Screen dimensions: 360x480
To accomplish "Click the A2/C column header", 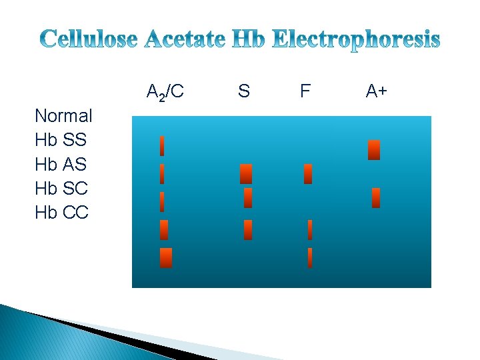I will click(165, 92).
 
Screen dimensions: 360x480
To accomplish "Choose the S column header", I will click(244, 91).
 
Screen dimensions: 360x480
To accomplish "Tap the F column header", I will click(305, 91).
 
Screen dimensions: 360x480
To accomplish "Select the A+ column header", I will click(376, 91).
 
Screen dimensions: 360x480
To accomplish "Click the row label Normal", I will click(63, 116).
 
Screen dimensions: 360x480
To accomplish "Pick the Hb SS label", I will click(61, 140).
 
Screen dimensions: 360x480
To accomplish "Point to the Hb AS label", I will click(61, 164).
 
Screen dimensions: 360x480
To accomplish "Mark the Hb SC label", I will click(61, 189).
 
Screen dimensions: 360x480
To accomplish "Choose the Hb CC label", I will click(61, 213).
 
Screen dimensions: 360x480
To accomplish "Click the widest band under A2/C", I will click(166, 258).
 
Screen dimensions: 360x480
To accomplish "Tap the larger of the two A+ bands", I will click(374, 150).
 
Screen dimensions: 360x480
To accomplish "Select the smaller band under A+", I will click(376, 198).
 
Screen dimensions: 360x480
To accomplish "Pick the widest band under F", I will click(308, 174).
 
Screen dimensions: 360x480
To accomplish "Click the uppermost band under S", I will click(246, 174).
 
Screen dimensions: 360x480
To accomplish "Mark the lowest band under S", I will click(248, 230).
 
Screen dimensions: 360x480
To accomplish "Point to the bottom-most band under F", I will click(310, 258).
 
